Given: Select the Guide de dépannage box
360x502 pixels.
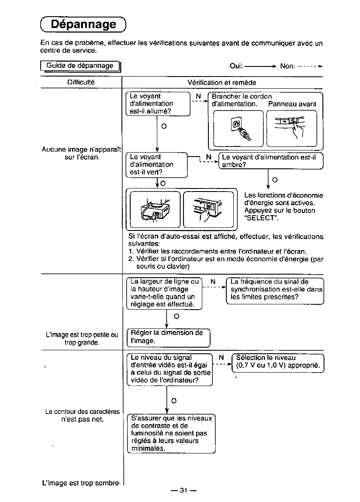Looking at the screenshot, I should [80, 66].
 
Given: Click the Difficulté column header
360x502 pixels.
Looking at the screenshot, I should [81, 82].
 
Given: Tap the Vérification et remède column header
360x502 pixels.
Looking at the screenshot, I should [222, 82].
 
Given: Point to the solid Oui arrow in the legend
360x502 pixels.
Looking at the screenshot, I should [260, 66].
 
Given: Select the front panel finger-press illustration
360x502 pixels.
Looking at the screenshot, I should [291, 128].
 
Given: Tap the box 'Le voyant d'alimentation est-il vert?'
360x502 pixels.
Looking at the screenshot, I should [156, 164].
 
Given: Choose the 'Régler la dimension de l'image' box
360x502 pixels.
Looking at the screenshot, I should [168, 337].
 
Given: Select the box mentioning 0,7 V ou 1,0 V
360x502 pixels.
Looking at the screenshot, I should [278, 362].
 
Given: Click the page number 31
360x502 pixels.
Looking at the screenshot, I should [183, 490].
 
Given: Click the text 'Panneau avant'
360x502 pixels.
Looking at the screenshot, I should [292, 104].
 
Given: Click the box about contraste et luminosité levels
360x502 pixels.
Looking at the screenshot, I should [171, 433].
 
